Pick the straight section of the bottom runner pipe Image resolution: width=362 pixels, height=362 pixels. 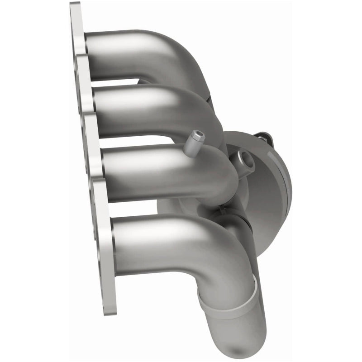(154, 244)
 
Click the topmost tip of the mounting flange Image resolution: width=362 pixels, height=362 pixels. (75, 5)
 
